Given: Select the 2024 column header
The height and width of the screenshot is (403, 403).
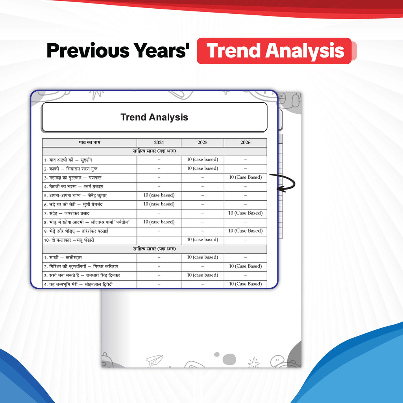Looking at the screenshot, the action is [x=159, y=142].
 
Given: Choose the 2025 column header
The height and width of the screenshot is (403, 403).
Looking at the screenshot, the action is [x=203, y=142].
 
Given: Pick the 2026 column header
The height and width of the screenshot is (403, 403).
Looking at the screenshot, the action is [x=246, y=142].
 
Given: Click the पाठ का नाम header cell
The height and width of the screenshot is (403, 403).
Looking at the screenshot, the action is [x=89, y=142].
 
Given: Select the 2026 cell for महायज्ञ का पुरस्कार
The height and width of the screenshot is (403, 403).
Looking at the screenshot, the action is [x=246, y=177].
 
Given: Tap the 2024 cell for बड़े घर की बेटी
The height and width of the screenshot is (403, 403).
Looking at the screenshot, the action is [x=159, y=204].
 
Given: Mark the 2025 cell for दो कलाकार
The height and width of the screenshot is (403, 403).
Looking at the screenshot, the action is [x=203, y=240].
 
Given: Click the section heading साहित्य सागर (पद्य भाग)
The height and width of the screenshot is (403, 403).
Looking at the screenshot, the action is [x=154, y=249].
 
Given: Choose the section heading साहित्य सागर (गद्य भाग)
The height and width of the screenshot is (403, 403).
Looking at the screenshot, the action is [x=154, y=151].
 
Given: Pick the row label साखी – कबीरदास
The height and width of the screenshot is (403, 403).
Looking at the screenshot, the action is [x=63, y=257].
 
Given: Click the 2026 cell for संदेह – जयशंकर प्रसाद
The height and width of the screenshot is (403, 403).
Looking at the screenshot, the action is [x=246, y=213].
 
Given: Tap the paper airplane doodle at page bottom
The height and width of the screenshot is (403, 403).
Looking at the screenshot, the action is [x=154, y=360].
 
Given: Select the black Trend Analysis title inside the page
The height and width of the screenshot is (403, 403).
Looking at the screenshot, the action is [x=154, y=117].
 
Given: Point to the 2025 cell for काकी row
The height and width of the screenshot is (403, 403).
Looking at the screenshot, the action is [x=203, y=168].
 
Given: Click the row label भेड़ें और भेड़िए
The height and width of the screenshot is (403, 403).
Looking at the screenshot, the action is [x=76, y=231].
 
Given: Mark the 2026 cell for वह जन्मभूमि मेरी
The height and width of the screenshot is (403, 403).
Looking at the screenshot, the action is [x=246, y=284].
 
